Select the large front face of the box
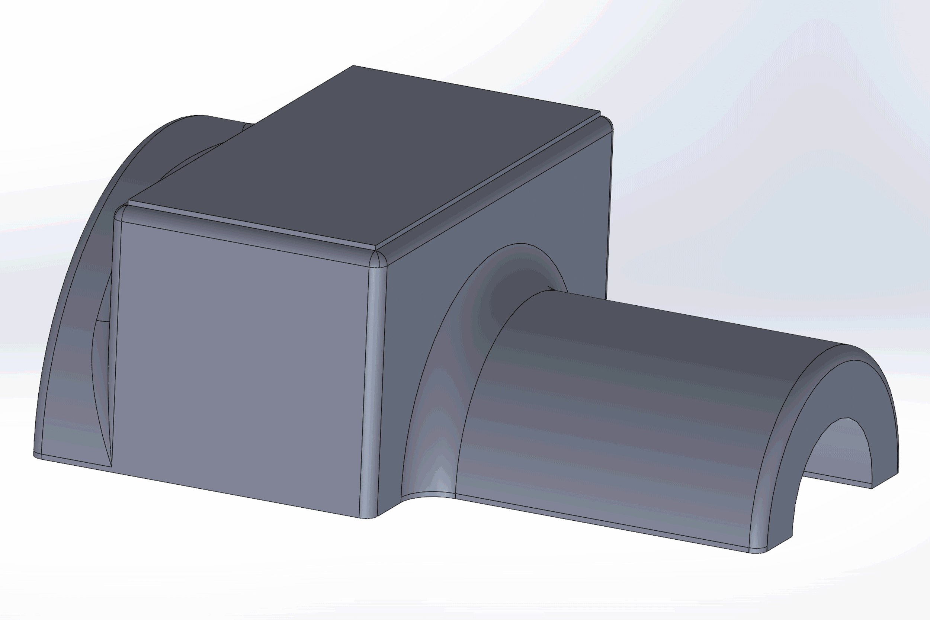(x=241, y=364)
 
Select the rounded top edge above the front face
(x=245, y=233)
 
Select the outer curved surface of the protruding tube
(x=633, y=395)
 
